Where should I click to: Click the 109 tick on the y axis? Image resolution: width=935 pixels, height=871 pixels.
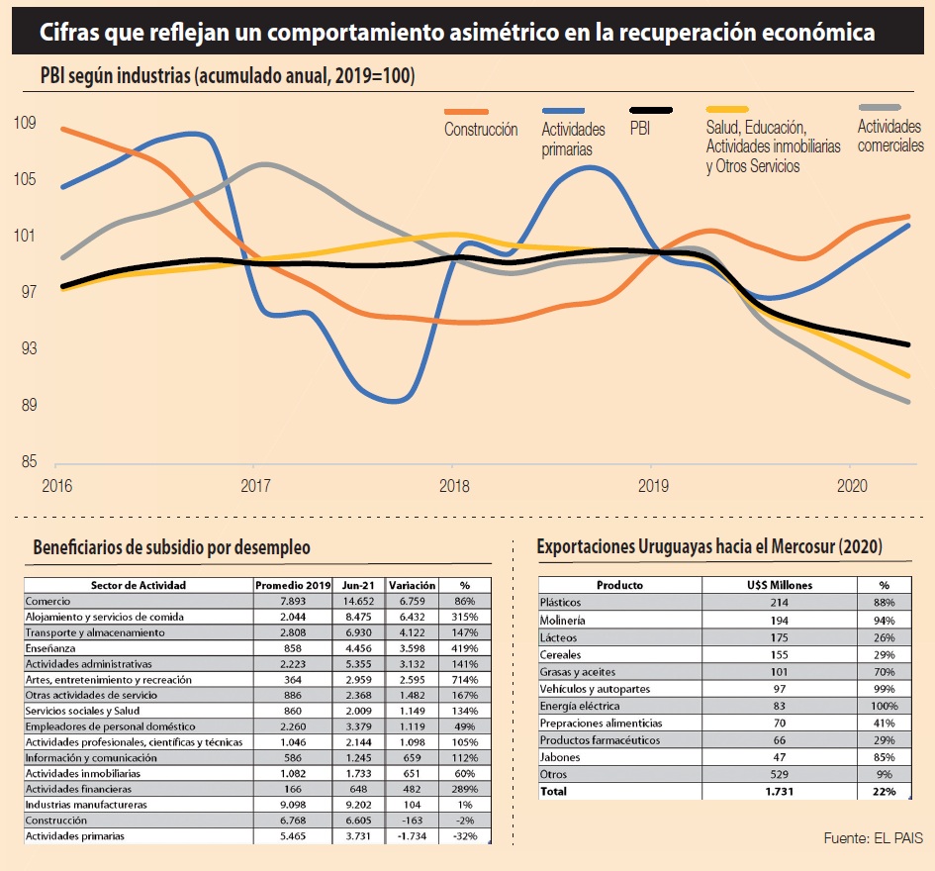[x=25, y=123]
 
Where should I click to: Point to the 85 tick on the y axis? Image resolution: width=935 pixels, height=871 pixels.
[x=25, y=461]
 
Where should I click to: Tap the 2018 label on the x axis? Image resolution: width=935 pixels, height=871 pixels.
[x=452, y=485]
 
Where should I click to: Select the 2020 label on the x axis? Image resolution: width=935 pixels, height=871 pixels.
[x=850, y=485]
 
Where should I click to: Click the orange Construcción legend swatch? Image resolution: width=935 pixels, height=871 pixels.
[x=467, y=110]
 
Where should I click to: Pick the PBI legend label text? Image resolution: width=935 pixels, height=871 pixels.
[x=640, y=128]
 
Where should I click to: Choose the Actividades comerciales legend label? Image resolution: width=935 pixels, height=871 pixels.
[x=889, y=136]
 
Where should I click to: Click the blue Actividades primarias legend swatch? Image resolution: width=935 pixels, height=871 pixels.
[x=564, y=110]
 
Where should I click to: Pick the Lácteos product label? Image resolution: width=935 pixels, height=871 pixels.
[x=559, y=636]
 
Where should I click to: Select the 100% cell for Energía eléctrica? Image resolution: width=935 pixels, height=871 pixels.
[x=884, y=706]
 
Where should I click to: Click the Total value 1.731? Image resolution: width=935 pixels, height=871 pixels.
[x=779, y=792]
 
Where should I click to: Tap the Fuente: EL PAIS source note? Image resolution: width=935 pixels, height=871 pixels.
[x=873, y=838]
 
